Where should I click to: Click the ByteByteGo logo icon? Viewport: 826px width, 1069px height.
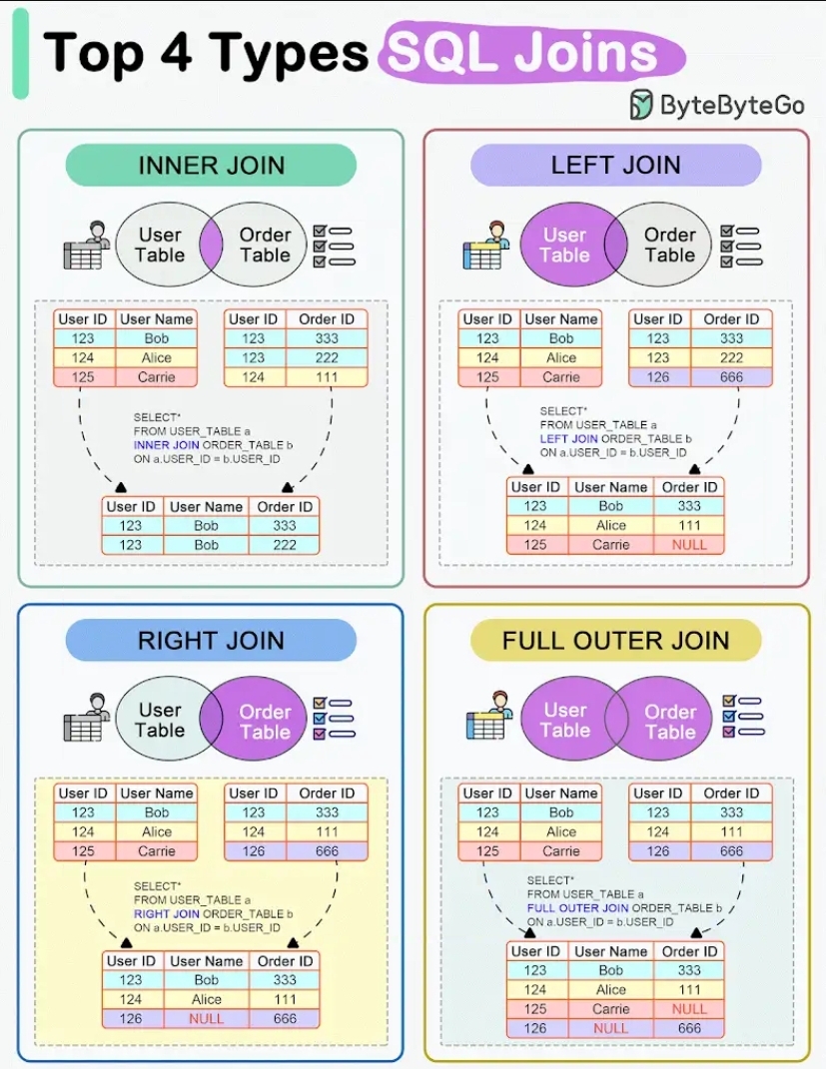(641, 104)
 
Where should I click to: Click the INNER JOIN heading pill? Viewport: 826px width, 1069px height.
(211, 165)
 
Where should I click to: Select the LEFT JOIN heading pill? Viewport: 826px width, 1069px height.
(615, 165)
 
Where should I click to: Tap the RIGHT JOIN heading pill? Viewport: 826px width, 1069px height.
(211, 640)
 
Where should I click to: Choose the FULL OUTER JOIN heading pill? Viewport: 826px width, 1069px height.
(615, 640)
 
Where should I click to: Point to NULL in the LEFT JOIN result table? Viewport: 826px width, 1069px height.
(689, 545)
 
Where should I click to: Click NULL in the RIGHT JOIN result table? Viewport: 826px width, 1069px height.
(207, 1019)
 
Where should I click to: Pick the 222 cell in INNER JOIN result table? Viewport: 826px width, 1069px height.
(285, 545)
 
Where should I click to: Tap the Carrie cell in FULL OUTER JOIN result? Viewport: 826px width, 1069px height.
(611, 1009)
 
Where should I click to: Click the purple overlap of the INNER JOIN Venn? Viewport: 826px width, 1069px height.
(211, 246)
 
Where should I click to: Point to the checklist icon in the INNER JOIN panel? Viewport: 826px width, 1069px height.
(334, 246)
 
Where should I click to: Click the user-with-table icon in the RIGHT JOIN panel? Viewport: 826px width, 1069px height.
(86, 716)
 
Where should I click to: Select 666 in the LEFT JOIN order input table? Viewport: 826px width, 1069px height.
(732, 377)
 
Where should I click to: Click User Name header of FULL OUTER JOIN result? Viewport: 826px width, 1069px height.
(611, 951)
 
